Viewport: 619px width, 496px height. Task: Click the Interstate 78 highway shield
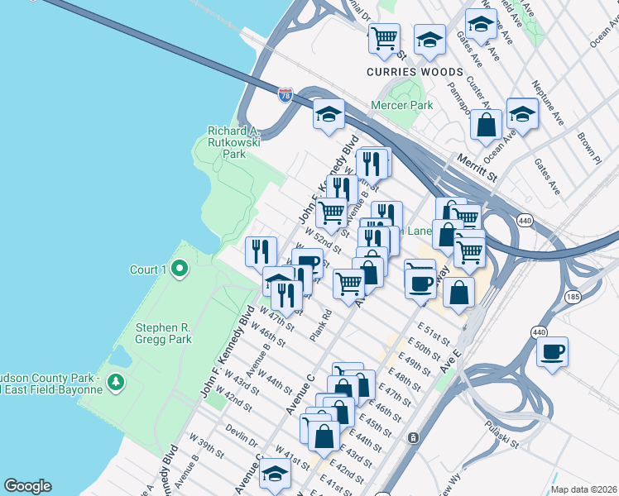[285, 96]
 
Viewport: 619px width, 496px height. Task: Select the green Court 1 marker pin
[180, 269]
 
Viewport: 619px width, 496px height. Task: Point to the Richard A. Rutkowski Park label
[233, 142]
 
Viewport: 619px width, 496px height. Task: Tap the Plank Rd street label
[321, 326]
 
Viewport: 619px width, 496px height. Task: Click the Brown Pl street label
[588, 145]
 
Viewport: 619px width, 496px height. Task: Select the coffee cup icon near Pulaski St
[552, 353]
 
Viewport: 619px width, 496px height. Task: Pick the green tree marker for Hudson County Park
[116, 381]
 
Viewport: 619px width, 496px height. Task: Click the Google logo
[27, 486]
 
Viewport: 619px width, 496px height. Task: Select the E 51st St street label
[433, 340]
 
